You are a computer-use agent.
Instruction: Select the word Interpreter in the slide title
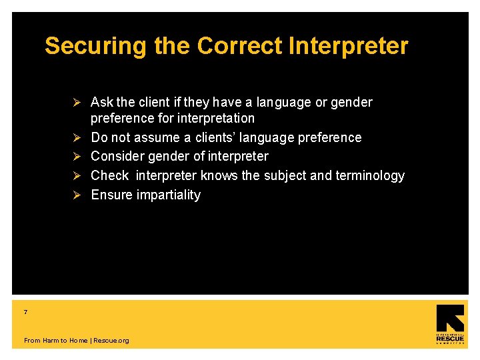coord(348,46)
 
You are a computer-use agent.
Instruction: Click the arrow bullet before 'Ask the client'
coord(77,102)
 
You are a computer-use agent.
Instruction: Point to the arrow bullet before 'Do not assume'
coord(77,137)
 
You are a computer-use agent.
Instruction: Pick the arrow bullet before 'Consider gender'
coord(77,157)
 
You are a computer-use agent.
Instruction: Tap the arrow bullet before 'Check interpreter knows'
coord(77,176)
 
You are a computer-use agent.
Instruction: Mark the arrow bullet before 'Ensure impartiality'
coord(77,195)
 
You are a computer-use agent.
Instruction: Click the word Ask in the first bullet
coord(102,102)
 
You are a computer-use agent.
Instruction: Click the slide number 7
coord(25,312)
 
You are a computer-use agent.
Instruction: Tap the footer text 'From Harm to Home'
coord(55,341)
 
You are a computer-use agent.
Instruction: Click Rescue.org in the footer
coord(111,341)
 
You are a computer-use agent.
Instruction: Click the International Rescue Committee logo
coord(450,325)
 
